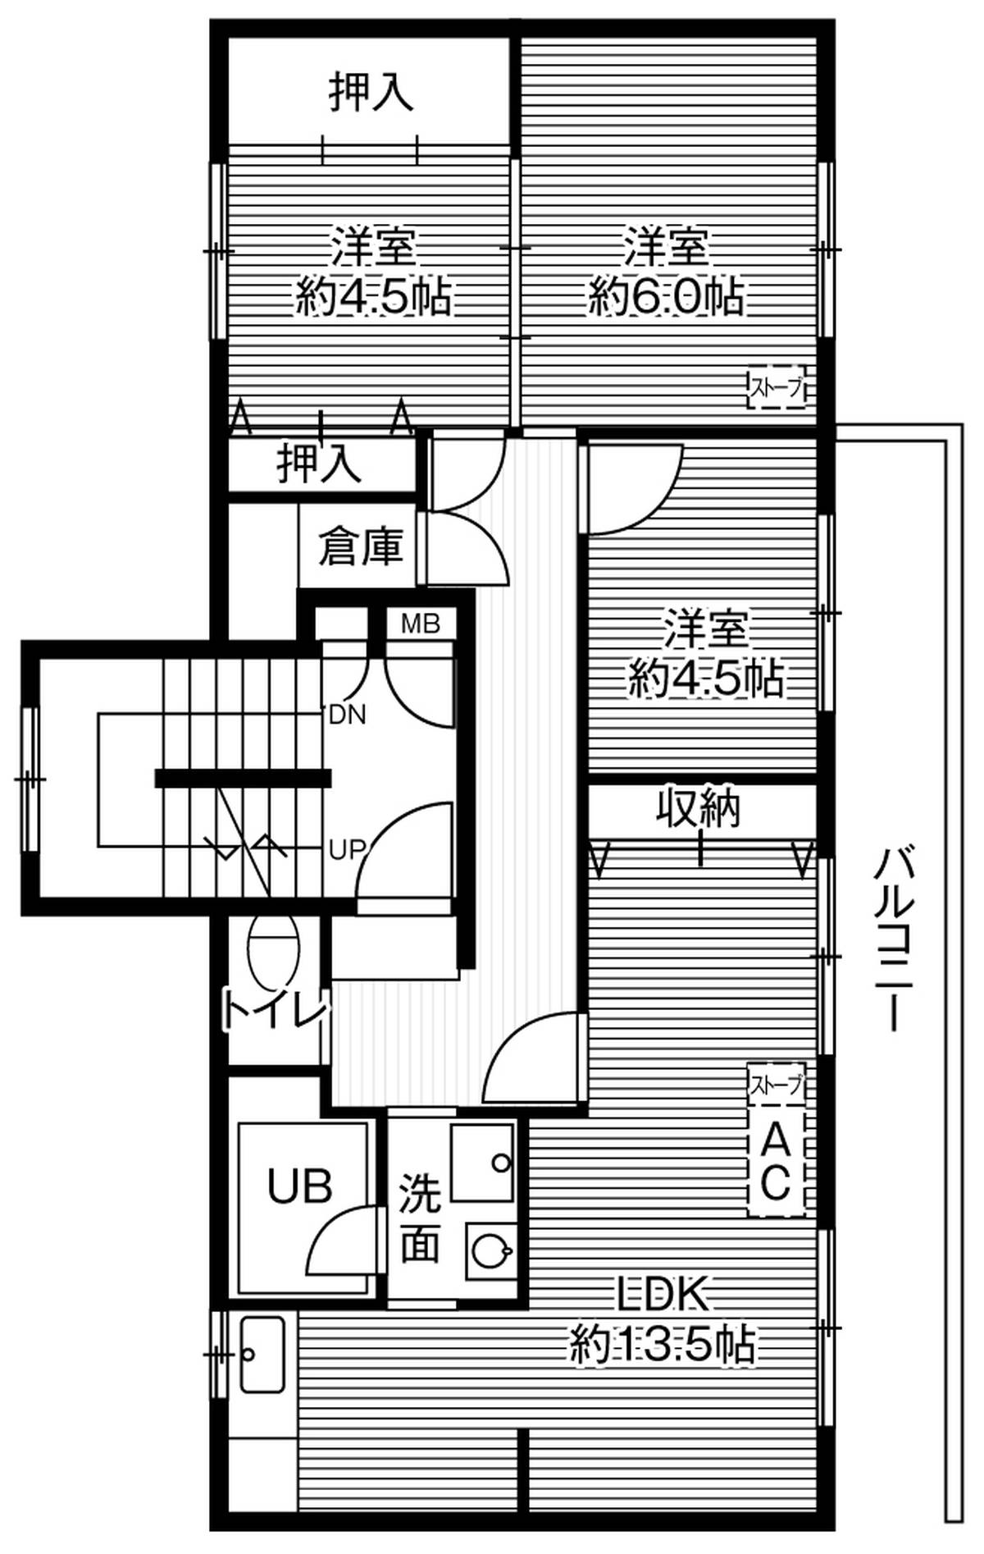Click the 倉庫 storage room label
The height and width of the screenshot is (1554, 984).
[361, 546]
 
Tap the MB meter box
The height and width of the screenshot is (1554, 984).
[421, 624]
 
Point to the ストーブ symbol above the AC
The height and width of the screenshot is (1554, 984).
[776, 1086]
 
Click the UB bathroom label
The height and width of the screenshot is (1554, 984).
[300, 1186]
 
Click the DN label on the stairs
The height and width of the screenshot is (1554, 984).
[347, 715]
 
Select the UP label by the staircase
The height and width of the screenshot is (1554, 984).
[347, 850]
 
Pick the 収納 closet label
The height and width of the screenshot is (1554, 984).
[699, 809]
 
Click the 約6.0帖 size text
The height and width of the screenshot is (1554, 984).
[666, 297]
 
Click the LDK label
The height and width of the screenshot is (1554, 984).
[662, 1295]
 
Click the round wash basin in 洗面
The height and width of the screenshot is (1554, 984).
[490, 1252]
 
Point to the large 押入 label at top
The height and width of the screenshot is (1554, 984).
[371, 91]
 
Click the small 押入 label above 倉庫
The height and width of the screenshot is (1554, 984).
[319, 464]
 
